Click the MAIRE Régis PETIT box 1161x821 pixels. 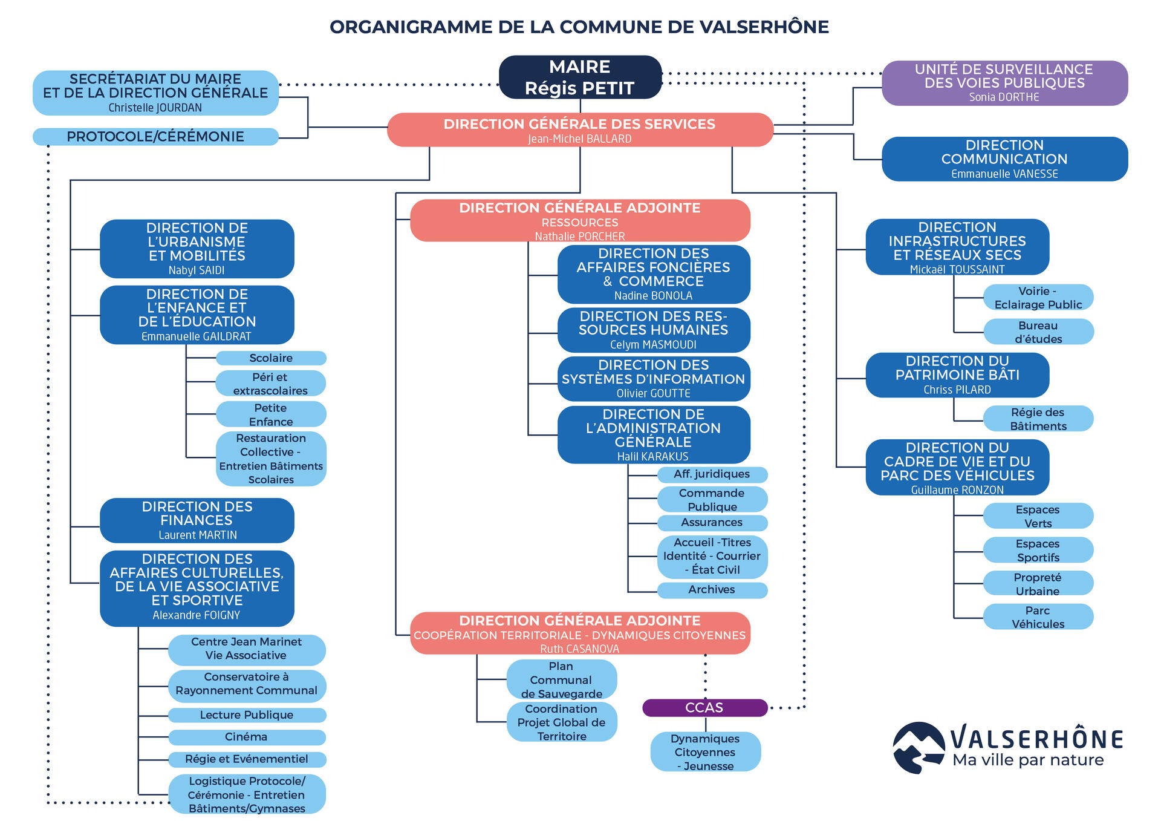point(580,77)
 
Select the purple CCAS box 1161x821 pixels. point(704,707)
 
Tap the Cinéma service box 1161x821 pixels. point(247,737)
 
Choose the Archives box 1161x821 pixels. point(712,590)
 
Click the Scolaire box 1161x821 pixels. point(271,358)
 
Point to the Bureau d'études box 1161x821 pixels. point(1038,332)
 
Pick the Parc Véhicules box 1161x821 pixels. point(1038,617)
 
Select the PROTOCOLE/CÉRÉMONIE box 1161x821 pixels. point(155,137)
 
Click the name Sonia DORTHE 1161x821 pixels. point(1004,97)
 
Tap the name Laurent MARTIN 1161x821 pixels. point(198,535)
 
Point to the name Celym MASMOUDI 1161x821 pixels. point(653,345)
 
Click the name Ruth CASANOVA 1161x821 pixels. point(580,649)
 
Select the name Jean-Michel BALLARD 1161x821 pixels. point(580,139)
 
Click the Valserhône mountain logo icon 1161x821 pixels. point(919,748)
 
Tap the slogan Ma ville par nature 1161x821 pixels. point(1028,760)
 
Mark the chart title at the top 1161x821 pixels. point(579,27)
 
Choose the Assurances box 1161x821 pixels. point(712,523)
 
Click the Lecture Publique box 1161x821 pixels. point(247,715)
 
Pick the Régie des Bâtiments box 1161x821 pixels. point(1038,419)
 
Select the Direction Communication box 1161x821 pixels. point(1004,159)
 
